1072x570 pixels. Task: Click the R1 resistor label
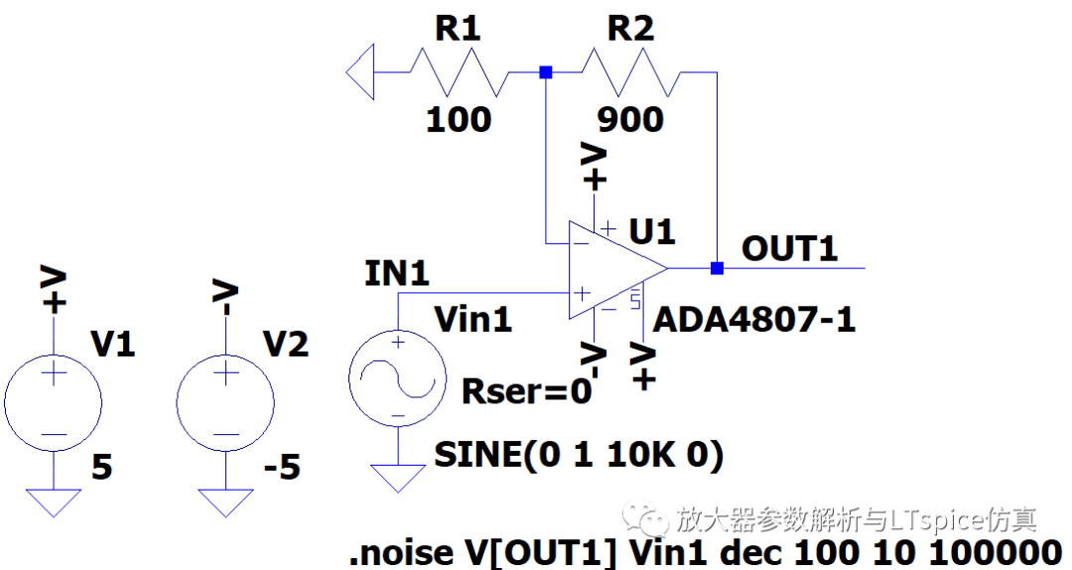pos(458,30)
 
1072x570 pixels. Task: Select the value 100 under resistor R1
pos(458,119)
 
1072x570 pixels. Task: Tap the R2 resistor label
pos(630,30)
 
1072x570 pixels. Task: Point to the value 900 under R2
pos(630,119)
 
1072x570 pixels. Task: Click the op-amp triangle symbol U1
pos(610,269)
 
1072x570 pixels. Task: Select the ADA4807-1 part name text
pos(753,320)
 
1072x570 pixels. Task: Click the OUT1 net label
pos(790,248)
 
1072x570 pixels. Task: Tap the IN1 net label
pos(397,274)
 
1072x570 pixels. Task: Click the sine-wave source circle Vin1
pos(397,377)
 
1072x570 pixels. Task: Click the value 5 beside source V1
pos(102,466)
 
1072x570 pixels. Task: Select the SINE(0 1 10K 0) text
pos(579,455)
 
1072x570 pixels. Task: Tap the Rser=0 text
pos(527,391)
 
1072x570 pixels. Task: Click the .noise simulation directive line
pos(705,552)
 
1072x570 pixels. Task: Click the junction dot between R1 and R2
pos(545,72)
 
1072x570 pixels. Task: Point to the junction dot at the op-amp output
pos(717,268)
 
